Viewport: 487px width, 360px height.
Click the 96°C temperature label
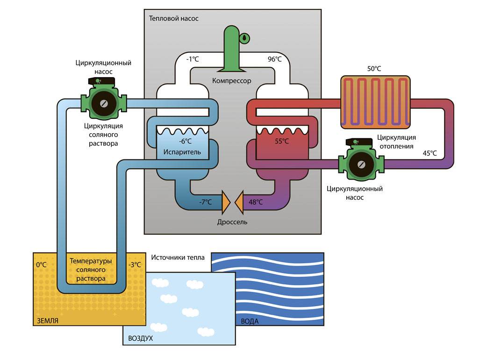click(x=274, y=59)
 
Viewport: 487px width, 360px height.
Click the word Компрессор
click(x=232, y=81)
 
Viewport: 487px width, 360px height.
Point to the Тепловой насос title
click(x=173, y=19)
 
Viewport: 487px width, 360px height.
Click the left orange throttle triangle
click(x=226, y=202)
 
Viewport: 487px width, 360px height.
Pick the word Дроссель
click(x=232, y=222)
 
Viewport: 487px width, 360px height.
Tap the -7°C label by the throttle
click(x=204, y=202)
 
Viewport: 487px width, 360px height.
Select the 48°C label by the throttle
click(x=255, y=202)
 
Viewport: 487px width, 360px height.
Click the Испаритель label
click(x=182, y=152)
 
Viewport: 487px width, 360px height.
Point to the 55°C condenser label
click(x=281, y=141)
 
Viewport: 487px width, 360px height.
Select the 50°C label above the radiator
click(x=374, y=69)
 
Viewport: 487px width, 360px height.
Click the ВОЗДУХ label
click(x=137, y=338)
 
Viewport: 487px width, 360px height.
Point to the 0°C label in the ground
click(x=42, y=265)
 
